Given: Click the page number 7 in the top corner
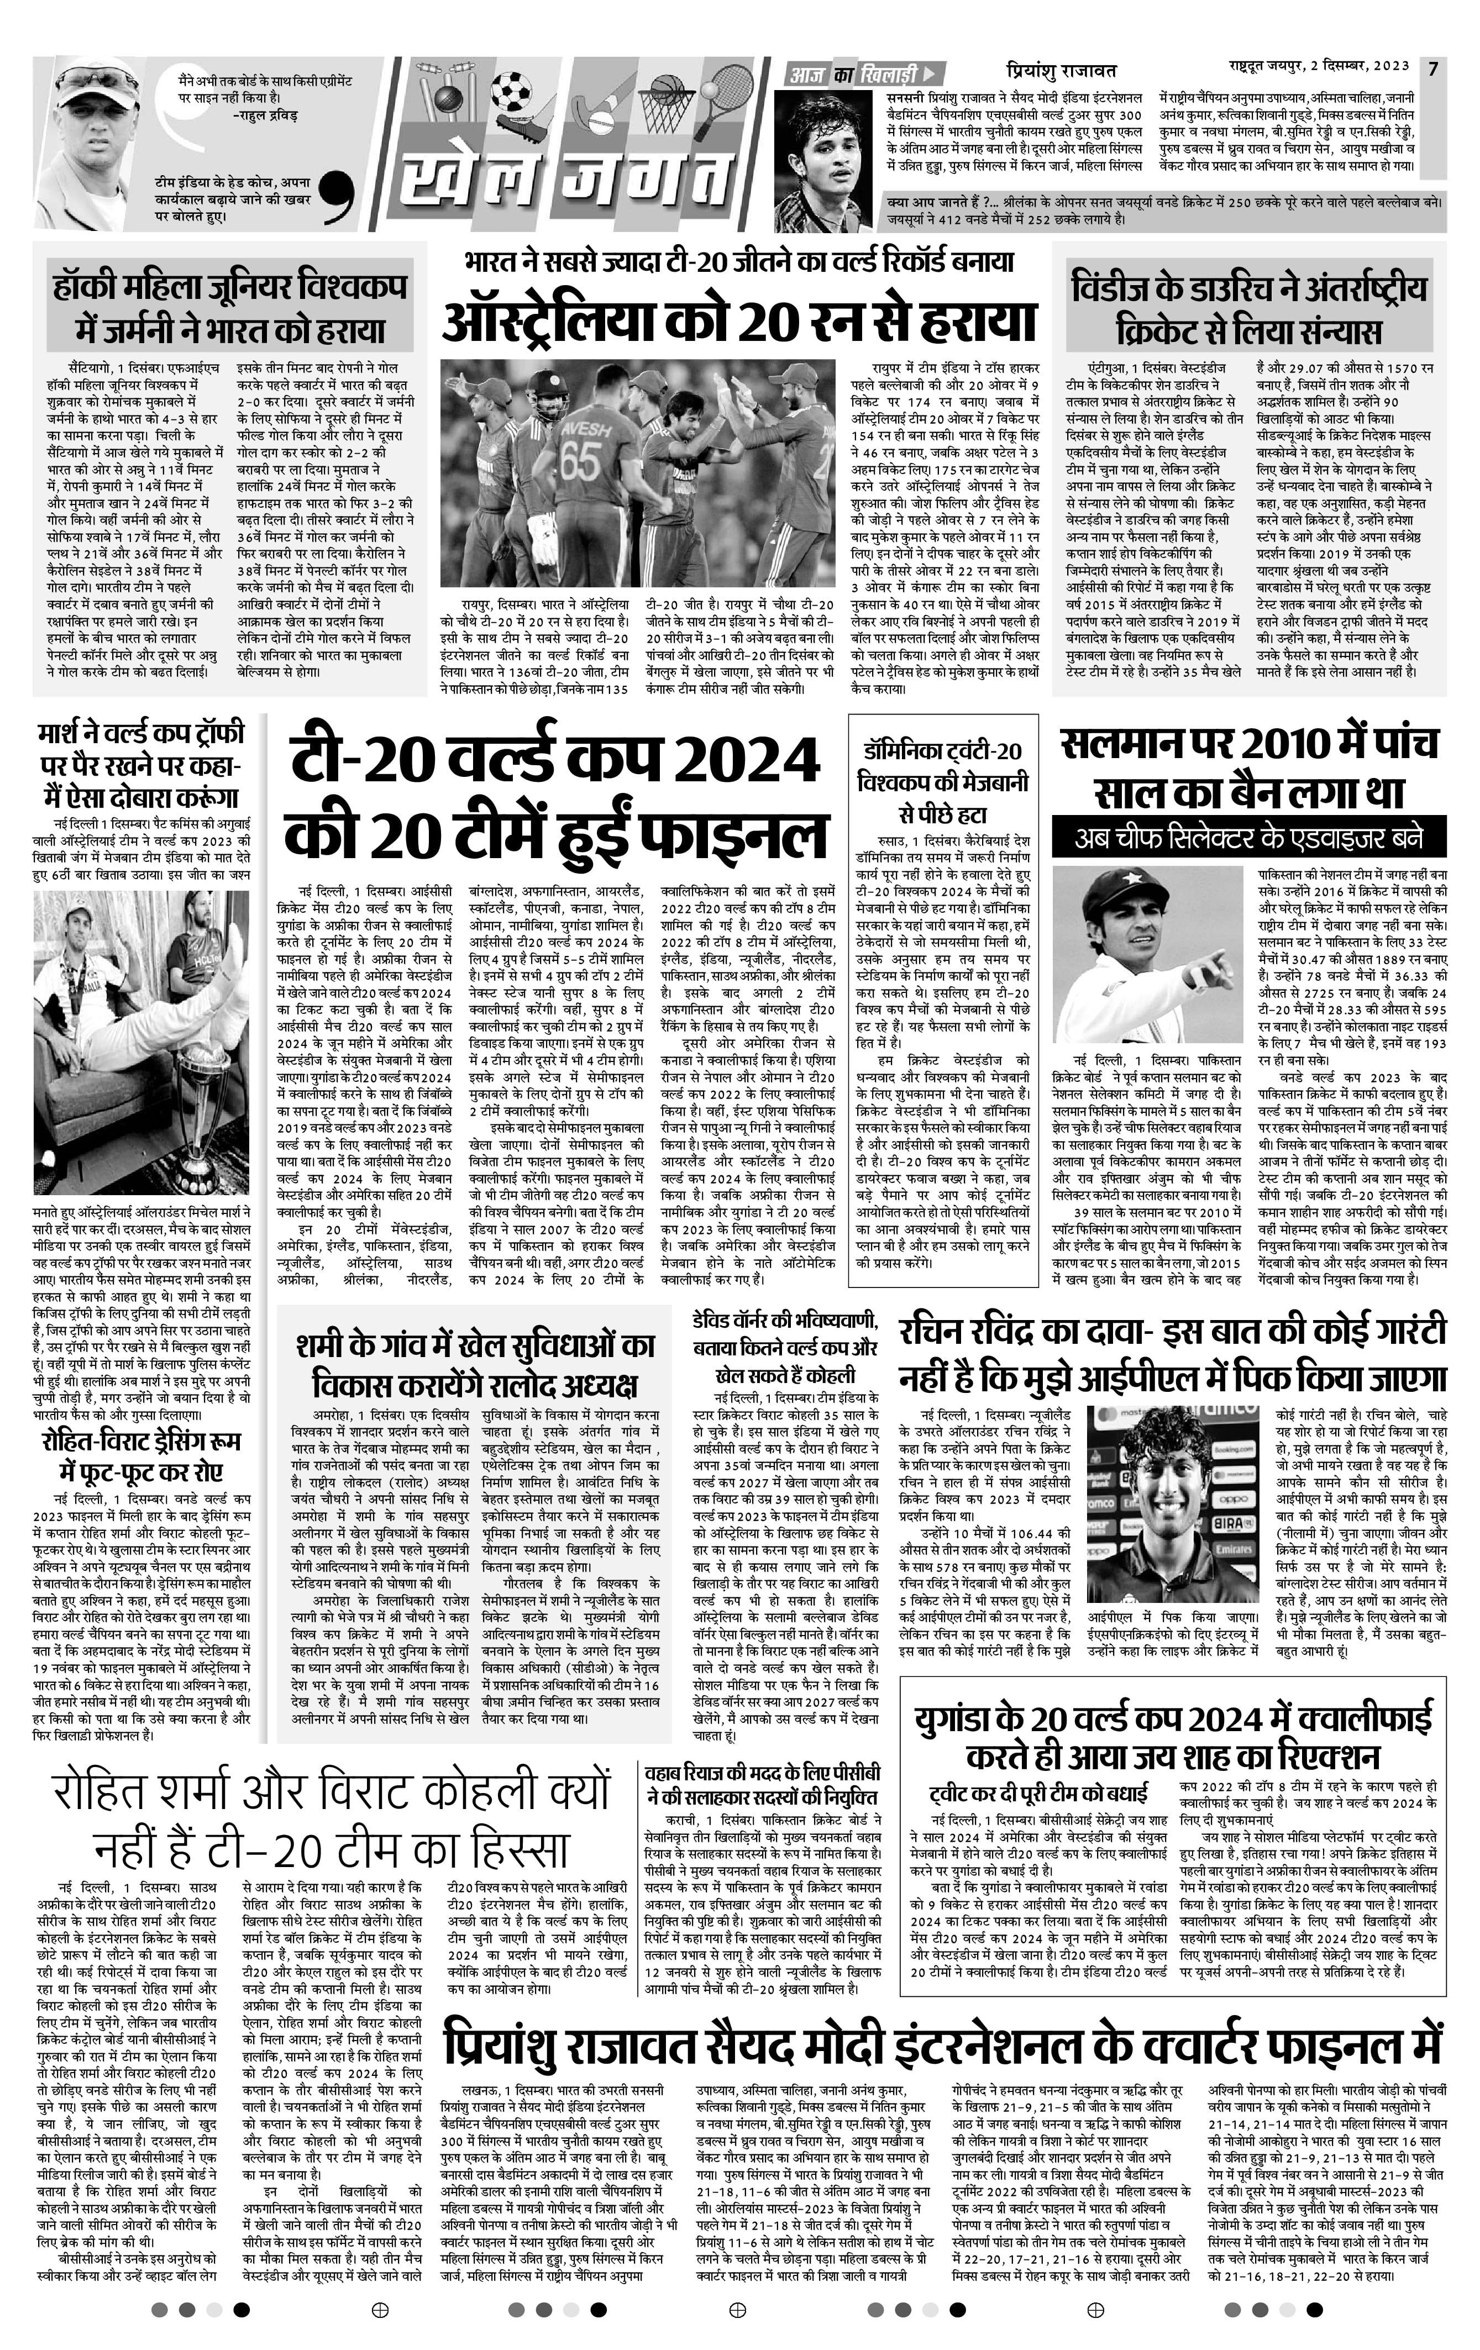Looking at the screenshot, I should click(1432, 69).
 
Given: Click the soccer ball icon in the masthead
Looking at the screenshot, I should click(508, 90).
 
